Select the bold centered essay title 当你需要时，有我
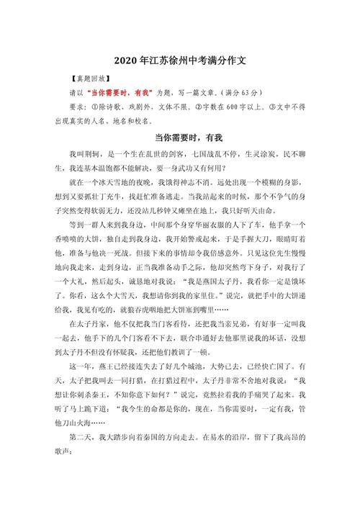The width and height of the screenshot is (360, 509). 179,137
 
